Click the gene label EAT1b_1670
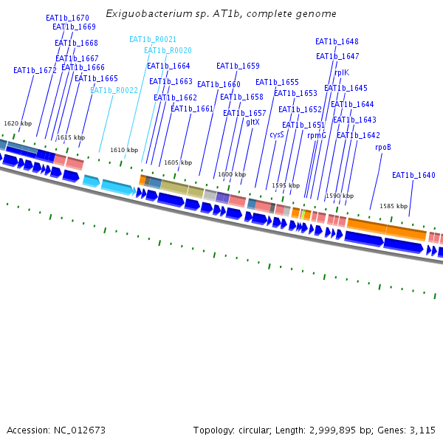[67, 18]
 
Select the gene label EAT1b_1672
[35, 71]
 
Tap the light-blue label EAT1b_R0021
[153, 40]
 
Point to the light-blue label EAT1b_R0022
[114, 91]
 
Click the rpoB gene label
[382, 148]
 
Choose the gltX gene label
[253, 123]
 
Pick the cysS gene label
[276, 135]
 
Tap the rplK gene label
[341, 73]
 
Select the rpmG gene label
[316, 136]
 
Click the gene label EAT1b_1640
[413, 176]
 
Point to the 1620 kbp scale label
[18, 123]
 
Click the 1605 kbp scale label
[178, 162]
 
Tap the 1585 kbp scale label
[394, 206]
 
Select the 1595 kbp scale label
[286, 185]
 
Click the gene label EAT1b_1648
[337, 42]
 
